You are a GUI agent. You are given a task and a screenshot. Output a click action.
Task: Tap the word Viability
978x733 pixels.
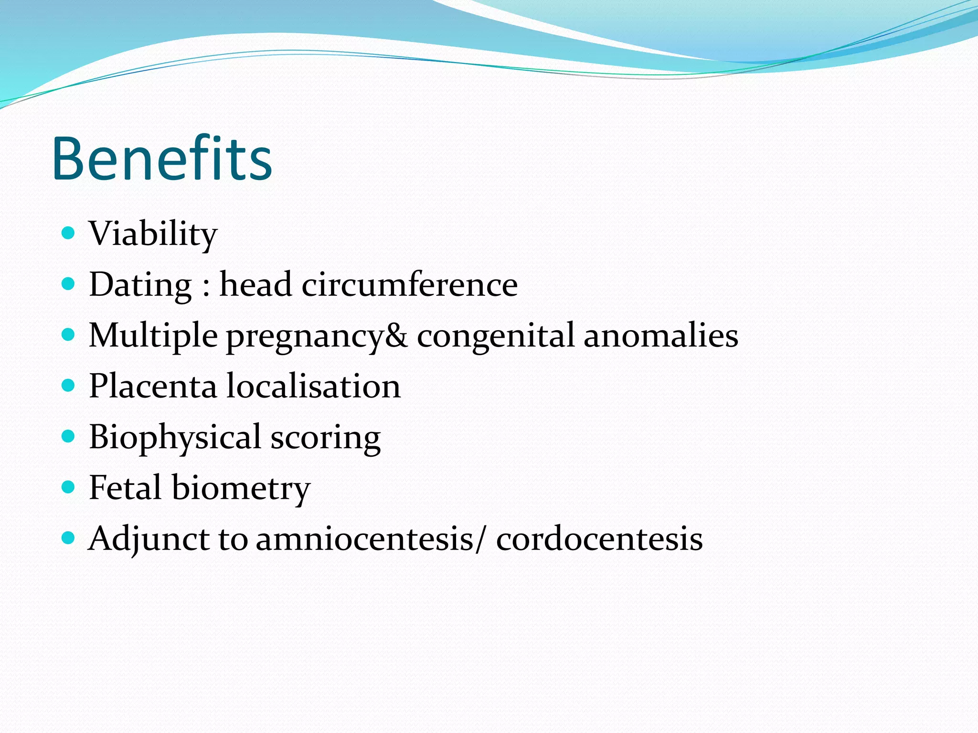click(x=153, y=234)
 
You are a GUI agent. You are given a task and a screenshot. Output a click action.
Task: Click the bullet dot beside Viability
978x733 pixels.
click(x=69, y=233)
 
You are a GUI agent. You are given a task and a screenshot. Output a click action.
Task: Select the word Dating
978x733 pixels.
click(x=140, y=285)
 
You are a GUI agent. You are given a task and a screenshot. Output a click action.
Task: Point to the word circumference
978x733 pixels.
click(x=410, y=285)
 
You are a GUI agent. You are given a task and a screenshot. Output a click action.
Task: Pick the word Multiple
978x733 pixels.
click(x=153, y=335)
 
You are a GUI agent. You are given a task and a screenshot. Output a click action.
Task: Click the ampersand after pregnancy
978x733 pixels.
click(x=396, y=335)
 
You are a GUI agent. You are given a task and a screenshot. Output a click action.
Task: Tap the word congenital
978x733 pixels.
click(x=496, y=335)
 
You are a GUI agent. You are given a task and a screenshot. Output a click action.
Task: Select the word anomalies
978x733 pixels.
click(x=661, y=335)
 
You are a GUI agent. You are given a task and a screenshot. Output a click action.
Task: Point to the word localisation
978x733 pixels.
click(x=314, y=386)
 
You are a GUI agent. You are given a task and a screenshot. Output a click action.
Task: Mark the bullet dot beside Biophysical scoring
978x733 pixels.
click(x=69, y=436)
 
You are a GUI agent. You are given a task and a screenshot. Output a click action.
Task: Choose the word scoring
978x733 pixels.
click(x=326, y=438)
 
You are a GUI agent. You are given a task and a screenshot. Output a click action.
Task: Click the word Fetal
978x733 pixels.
click(x=125, y=488)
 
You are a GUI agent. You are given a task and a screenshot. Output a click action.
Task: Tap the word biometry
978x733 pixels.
click(x=241, y=488)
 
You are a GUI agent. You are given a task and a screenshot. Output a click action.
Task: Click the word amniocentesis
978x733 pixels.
click(x=365, y=539)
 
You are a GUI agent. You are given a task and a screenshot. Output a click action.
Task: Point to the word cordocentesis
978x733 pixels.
click(x=599, y=539)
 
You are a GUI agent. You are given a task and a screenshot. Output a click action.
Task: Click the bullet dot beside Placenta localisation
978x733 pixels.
click(x=69, y=385)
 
